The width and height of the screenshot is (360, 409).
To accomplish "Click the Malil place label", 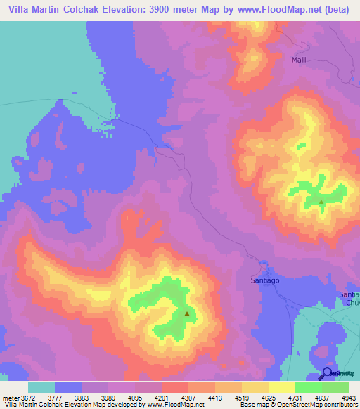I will point(299,60).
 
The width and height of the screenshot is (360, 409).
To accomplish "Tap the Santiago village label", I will point(266,280).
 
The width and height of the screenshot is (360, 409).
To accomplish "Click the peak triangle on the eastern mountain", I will point(321,202).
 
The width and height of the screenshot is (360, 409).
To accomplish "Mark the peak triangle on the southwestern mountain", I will point(186,314).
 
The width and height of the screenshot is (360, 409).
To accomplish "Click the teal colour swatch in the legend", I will point(41,387).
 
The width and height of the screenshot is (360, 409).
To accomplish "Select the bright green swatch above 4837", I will point(309,387).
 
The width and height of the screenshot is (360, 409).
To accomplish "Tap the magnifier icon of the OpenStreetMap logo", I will point(328,374).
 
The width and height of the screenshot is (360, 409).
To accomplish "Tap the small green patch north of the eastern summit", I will point(301,147).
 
